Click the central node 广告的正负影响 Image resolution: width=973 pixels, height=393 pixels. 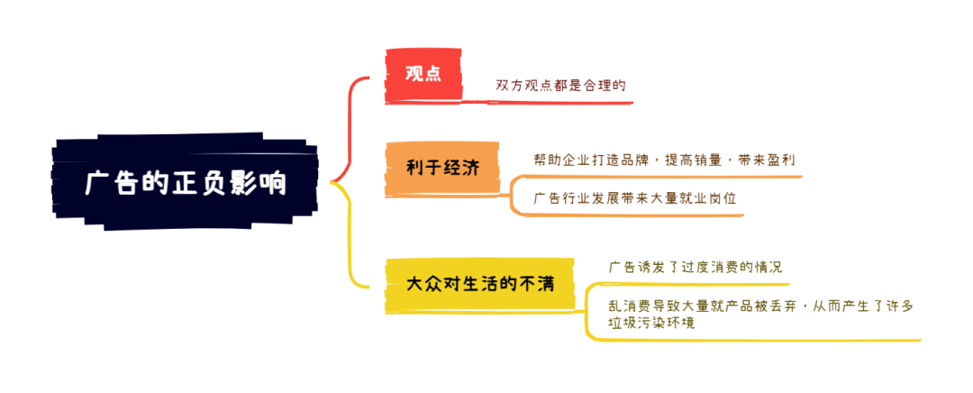185,182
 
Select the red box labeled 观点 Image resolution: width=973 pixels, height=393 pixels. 423,75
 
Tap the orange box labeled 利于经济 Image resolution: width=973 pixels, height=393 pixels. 442,169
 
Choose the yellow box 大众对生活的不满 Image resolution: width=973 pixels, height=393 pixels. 479,285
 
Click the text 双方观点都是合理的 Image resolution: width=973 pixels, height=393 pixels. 560,86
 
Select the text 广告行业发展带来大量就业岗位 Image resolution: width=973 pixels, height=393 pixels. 635,198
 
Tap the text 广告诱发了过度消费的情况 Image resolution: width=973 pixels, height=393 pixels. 695,268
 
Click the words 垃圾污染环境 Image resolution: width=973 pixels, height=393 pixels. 651,323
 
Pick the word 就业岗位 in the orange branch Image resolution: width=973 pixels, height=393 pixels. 708,198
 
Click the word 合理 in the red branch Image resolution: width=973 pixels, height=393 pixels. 597,86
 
